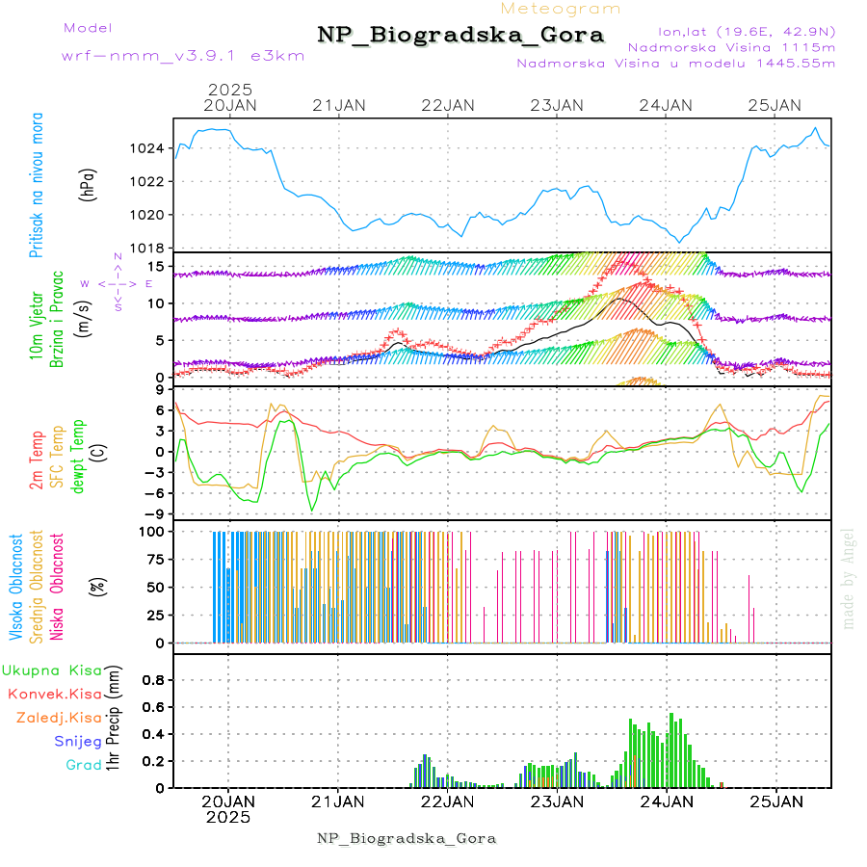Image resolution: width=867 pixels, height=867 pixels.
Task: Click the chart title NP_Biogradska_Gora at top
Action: pos(460,36)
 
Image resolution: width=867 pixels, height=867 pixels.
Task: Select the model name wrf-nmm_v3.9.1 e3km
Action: pos(183,55)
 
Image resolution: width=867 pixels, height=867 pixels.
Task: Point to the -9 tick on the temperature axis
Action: pos(154,513)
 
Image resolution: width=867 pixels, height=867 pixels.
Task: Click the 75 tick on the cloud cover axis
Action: pos(154,559)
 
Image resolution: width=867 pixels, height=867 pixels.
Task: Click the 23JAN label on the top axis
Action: pos(557,105)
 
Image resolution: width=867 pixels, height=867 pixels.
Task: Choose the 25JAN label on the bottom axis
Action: pos(775,801)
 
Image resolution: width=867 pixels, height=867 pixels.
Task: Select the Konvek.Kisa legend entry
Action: pos(55,694)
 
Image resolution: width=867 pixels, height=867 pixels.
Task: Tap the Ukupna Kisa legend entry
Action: pos(52,670)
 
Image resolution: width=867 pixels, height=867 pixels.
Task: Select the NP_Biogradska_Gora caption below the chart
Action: pos(407,838)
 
